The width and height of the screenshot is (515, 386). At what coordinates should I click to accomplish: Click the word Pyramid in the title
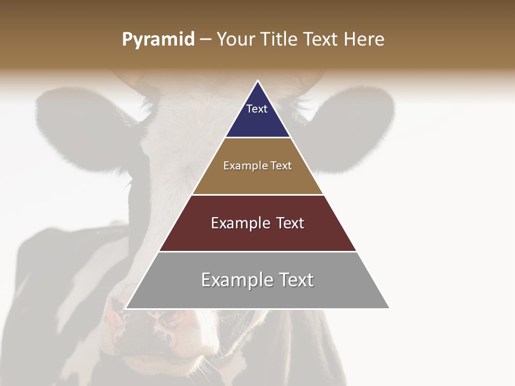158,40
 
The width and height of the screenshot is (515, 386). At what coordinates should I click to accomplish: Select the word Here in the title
364,40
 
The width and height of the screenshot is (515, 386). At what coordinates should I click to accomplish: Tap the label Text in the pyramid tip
257,109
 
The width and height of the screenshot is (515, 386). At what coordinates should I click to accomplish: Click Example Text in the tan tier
257,166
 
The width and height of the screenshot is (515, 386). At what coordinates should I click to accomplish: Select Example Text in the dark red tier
257,223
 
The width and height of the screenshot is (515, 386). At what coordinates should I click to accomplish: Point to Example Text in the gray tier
257,280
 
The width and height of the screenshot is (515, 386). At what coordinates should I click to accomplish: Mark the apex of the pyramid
257,81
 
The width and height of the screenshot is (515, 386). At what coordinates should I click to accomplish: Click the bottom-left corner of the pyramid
126,309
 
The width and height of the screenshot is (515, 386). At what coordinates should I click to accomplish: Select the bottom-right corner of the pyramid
389,309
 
